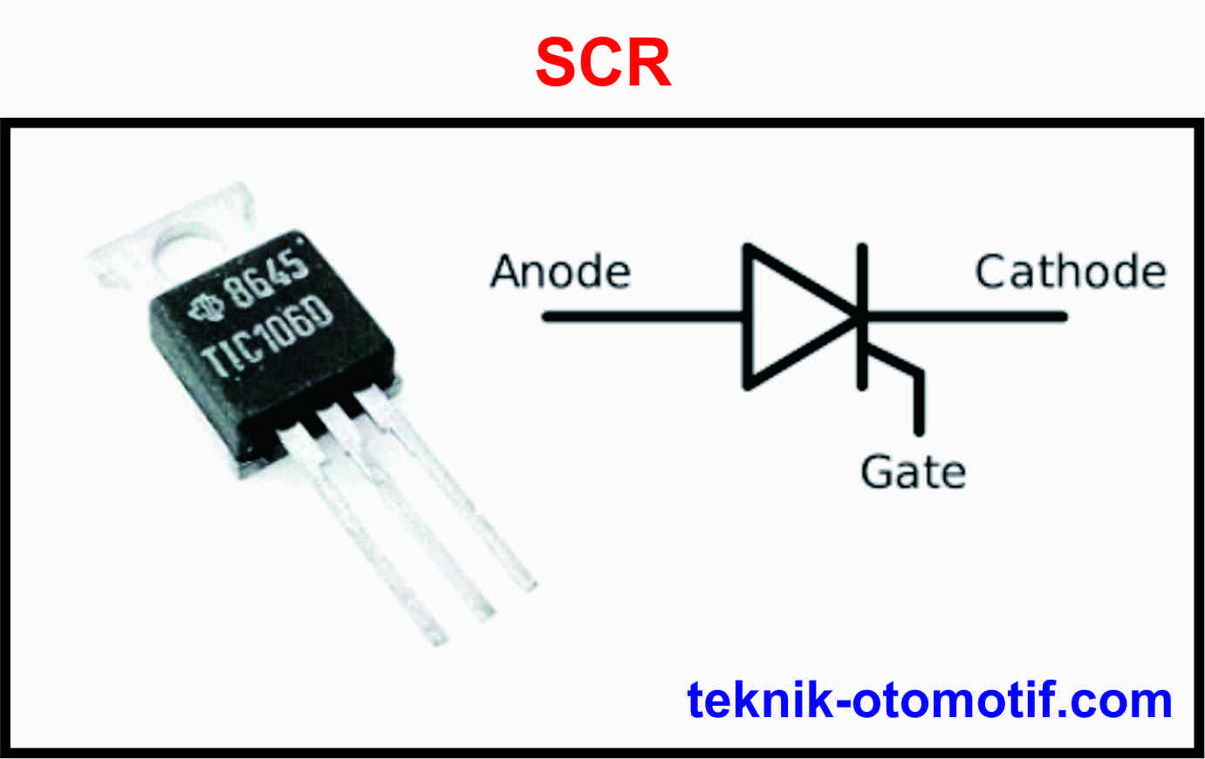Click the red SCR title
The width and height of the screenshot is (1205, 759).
tap(603, 63)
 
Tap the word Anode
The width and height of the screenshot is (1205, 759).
tap(560, 271)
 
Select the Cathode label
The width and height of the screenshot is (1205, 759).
tap(1070, 271)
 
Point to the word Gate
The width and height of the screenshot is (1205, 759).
tap(913, 472)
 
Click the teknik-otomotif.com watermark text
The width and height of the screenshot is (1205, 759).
tap(929, 700)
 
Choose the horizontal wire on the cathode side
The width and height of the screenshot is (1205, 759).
tap(969, 317)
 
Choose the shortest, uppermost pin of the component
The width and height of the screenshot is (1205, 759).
tap(462, 497)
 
